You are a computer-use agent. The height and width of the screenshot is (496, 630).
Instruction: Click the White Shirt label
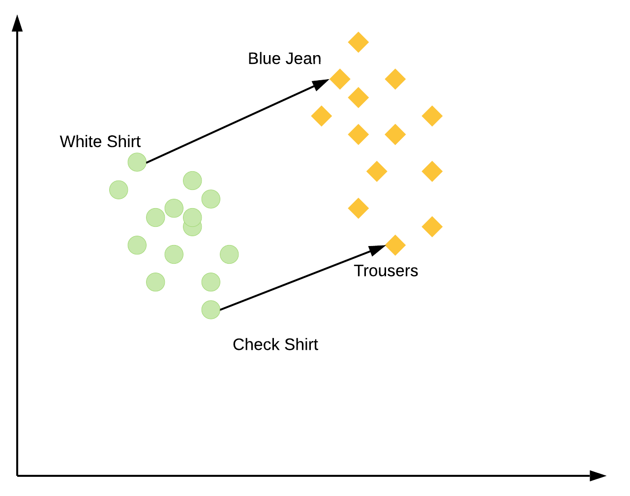[100, 142]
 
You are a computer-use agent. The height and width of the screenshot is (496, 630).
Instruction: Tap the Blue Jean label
[284, 59]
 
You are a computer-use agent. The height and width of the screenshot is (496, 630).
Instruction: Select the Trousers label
[386, 271]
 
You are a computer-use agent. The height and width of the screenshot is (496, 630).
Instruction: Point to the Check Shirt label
[275, 344]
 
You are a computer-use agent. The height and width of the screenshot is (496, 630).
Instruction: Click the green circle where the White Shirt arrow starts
[137, 162]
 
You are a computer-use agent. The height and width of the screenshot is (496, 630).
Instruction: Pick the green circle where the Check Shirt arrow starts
[211, 310]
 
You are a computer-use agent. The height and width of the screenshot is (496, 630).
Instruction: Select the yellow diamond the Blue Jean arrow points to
[340, 79]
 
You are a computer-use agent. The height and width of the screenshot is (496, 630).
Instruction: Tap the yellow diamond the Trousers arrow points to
[395, 245]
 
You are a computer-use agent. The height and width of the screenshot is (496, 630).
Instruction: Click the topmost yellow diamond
[359, 42]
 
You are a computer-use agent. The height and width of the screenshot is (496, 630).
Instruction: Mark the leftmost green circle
[119, 189]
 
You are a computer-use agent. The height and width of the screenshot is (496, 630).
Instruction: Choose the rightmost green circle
[229, 254]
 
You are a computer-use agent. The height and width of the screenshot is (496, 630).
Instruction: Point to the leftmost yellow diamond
[322, 116]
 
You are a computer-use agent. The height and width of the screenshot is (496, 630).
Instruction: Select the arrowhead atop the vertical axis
[17, 24]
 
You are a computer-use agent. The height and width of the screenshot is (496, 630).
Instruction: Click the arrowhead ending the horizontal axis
[598, 476]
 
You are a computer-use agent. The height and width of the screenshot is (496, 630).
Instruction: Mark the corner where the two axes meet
[17, 476]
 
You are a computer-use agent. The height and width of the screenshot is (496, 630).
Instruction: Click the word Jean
[304, 59]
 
